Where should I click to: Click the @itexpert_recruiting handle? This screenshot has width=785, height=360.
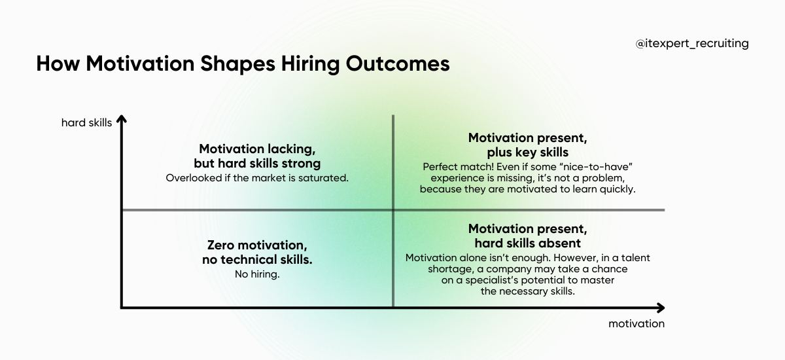click(x=692, y=44)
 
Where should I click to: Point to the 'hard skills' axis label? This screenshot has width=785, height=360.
click(x=86, y=122)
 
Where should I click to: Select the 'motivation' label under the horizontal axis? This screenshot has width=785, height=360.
click(x=636, y=323)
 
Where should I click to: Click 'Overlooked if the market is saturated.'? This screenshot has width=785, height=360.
click(x=256, y=177)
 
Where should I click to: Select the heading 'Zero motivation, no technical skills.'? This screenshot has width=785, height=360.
click(x=257, y=253)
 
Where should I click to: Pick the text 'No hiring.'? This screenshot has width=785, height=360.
click(x=257, y=274)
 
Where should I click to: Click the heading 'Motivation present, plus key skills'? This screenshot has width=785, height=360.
click(x=527, y=145)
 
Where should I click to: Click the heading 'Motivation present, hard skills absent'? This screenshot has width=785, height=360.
click(x=527, y=236)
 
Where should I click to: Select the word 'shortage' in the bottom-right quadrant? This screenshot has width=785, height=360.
click(x=426, y=269)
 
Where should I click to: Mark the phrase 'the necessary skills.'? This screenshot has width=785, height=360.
click(x=527, y=291)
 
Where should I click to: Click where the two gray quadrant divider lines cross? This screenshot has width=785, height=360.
click(x=393, y=210)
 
